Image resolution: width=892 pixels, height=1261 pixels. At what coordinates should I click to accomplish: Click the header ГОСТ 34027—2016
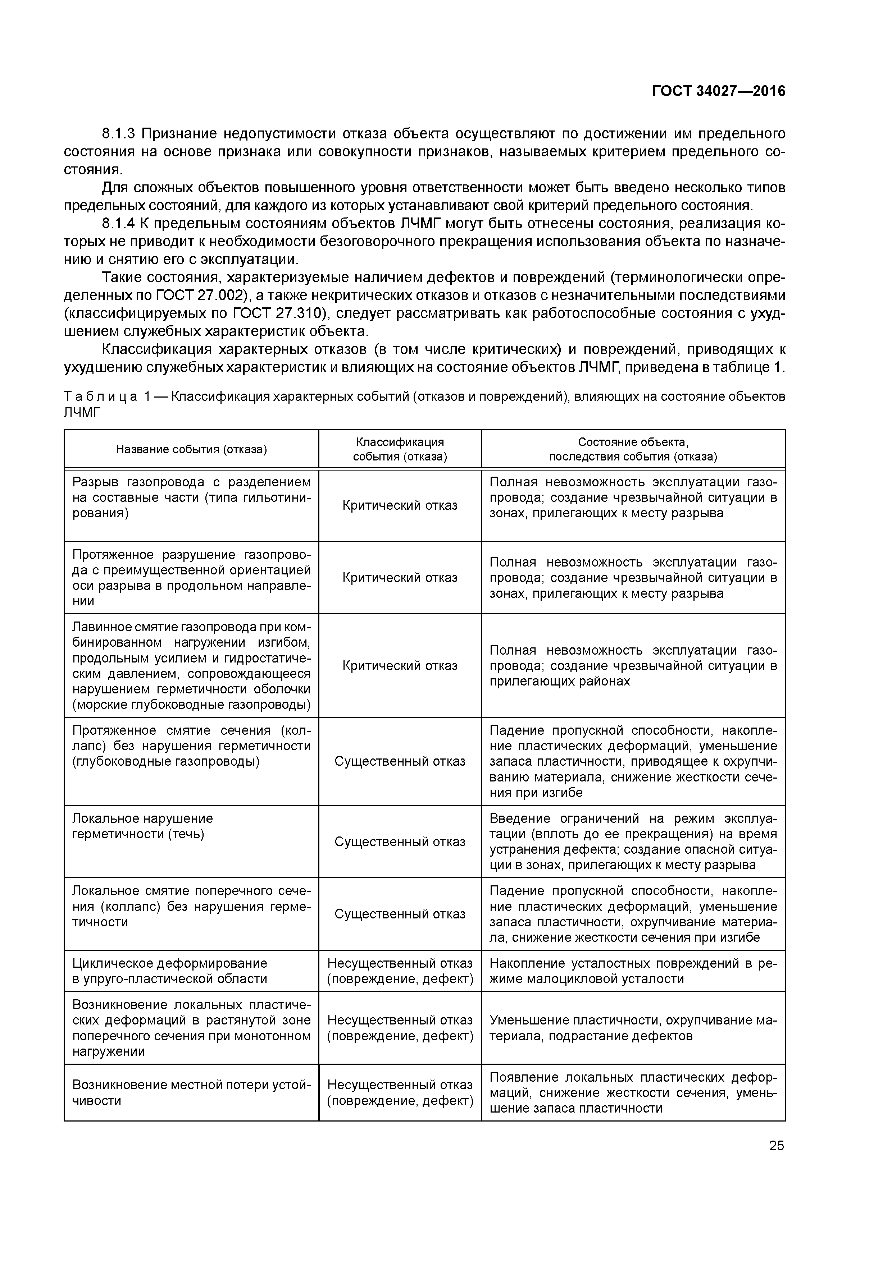click(718, 91)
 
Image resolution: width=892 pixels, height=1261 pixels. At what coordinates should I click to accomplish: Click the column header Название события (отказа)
click(191, 449)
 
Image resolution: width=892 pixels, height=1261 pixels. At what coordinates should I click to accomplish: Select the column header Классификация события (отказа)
click(400, 449)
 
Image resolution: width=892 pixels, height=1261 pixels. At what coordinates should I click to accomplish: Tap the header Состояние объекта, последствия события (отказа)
click(633, 449)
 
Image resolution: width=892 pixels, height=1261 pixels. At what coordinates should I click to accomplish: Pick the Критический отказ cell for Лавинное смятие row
click(400, 666)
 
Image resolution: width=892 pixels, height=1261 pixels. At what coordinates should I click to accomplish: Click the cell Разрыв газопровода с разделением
click(191, 497)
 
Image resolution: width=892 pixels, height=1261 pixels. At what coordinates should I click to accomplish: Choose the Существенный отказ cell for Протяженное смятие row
click(400, 761)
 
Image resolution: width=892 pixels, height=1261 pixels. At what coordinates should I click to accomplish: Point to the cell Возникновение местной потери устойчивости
click(191, 1092)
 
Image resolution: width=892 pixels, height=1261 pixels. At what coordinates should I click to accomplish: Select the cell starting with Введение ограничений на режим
click(633, 842)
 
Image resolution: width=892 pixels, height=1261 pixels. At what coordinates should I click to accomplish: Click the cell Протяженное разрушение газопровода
click(191, 578)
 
